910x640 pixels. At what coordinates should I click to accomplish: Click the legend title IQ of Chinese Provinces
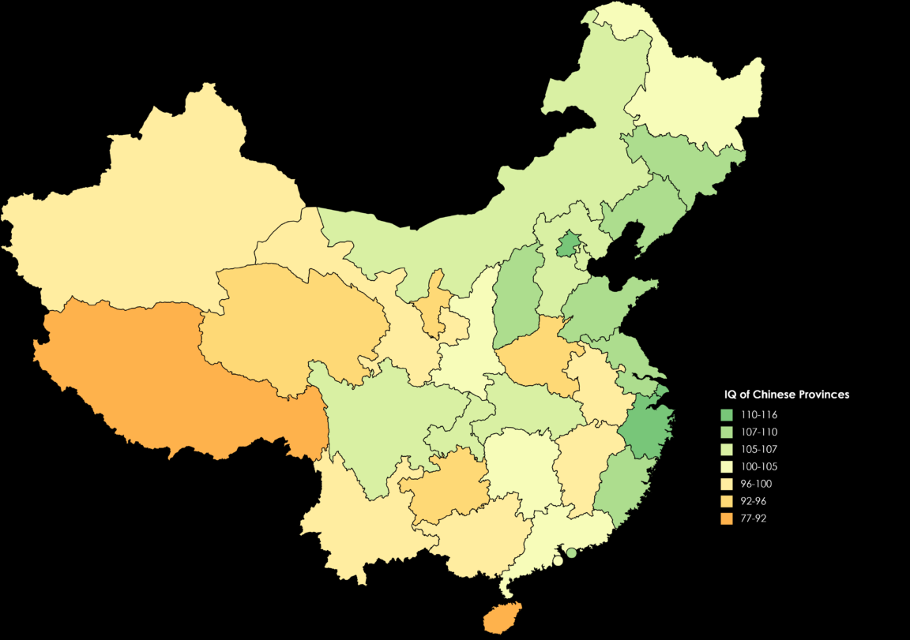click(x=787, y=395)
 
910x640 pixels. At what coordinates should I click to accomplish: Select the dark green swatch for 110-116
click(x=727, y=415)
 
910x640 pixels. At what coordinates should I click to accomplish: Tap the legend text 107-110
click(x=759, y=432)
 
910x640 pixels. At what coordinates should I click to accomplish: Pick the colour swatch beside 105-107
click(x=727, y=450)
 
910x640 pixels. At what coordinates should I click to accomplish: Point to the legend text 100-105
click(x=759, y=466)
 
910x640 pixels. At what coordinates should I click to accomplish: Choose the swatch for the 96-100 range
click(x=727, y=484)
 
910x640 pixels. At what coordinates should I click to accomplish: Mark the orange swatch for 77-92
click(x=727, y=518)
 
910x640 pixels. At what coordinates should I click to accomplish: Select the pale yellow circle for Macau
click(x=558, y=561)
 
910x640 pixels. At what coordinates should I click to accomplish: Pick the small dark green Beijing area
click(x=566, y=245)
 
